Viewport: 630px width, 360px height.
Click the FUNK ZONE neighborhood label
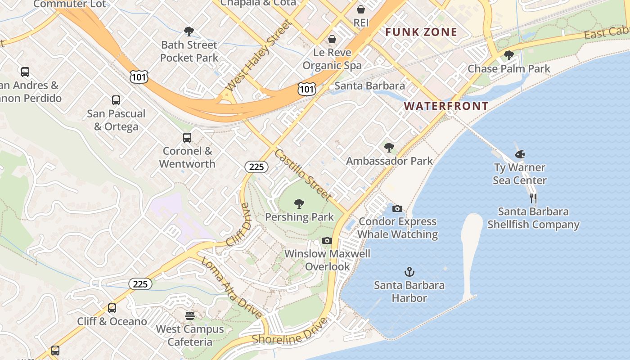(x=421, y=32)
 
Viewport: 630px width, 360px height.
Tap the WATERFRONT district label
(x=446, y=106)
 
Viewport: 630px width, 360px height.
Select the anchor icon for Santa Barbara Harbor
(x=409, y=272)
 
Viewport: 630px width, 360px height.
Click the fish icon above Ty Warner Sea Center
(x=520, y=154)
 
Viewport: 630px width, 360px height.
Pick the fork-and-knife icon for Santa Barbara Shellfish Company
(x=533, y=198)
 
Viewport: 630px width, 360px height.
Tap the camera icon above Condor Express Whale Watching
(x=397, y=208)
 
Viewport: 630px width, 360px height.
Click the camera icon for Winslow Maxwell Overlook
(x=327, y=241)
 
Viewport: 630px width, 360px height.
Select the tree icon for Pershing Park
(x=299, y=204)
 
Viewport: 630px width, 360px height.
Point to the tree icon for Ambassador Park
(x=389, y=148)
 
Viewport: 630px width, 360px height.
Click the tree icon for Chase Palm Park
(x=509, y=55)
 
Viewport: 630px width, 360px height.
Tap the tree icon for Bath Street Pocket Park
(x=189, y=31)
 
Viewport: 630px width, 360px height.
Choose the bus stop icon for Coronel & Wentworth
(x=187, y=138)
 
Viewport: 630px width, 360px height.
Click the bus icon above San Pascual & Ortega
(x=116, y=100)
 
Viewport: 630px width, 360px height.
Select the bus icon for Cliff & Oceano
(x=112, y=308)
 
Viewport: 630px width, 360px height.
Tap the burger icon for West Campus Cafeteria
(x=190, y=316)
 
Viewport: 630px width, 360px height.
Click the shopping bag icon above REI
(x=361, y=9)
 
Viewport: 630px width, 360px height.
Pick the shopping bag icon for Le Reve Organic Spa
(x=332, y=40)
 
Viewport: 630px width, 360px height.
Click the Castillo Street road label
(x=303, y=175)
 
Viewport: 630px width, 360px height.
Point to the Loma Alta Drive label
(x=231, y=288)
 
